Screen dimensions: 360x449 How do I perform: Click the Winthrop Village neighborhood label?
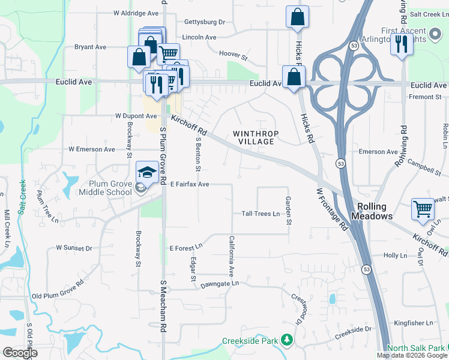click(253, 137)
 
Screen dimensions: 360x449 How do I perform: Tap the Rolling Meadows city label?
click(373, 211)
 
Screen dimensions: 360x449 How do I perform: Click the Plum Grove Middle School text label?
click(106, 188)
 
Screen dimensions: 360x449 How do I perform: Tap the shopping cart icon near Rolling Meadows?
click(423, 210)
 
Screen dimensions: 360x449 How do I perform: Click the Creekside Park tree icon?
click(288, 341)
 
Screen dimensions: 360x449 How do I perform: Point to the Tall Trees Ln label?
click(261, 214)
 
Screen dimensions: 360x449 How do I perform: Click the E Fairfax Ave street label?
click(189, 184)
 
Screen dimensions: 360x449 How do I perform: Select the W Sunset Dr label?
click(74, 247)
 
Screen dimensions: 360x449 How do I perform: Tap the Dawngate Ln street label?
click(220, 283)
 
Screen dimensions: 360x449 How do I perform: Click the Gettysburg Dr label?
click(205, 22)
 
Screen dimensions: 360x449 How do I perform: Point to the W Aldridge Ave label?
click(136, 13)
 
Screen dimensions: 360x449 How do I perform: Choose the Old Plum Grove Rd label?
click(58, 289)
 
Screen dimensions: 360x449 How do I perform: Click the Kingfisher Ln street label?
click(414, 323)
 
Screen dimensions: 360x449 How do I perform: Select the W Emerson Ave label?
click(91, 149)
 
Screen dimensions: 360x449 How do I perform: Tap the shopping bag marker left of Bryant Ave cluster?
click(139, 58)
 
